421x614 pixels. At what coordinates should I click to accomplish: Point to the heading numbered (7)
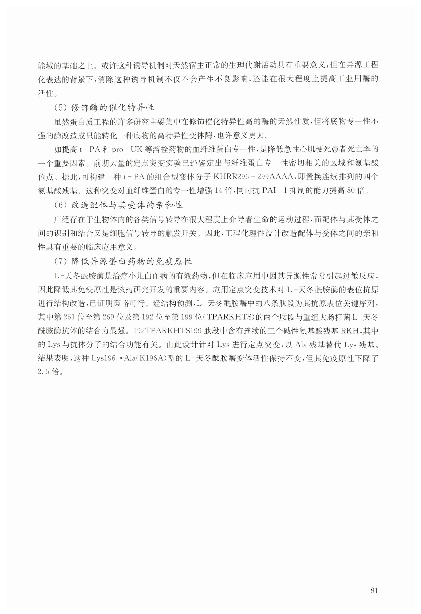pyautogui.click(x=123, y=261)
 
